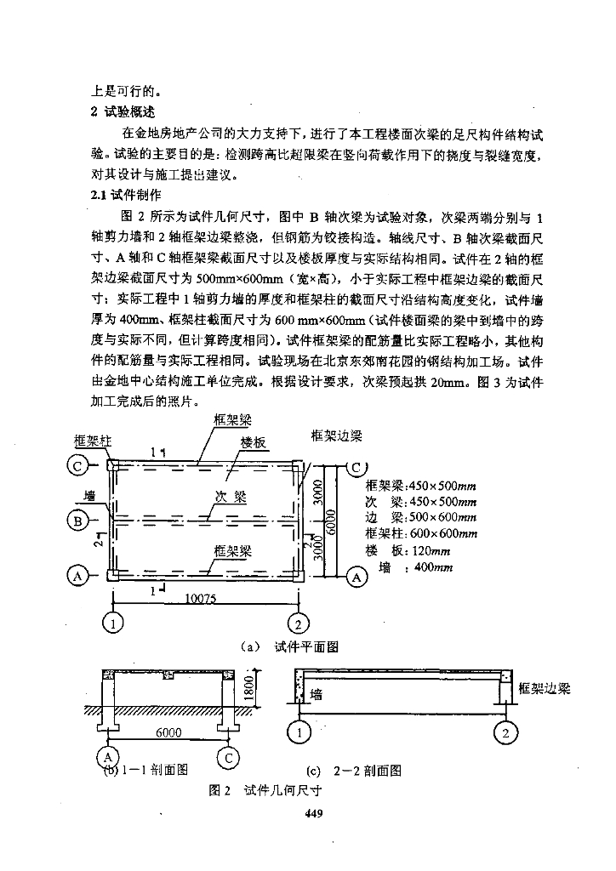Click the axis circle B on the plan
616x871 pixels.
77,521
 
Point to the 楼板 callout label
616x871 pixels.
254,443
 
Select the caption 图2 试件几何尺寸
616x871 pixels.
264,790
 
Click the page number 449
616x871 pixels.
311,813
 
